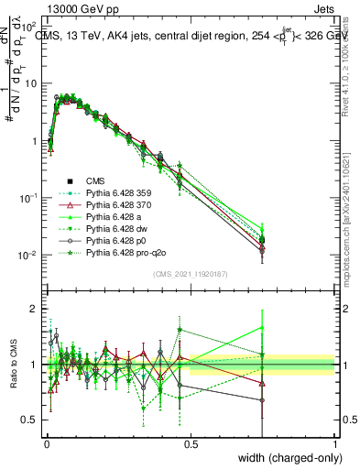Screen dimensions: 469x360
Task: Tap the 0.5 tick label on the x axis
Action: (x=191, y=445)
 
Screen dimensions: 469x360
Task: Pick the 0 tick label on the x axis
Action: (x=46, y=445)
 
